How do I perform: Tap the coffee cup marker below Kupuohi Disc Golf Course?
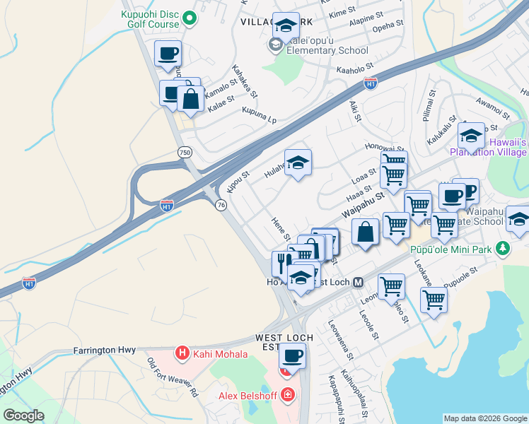pos(168,54)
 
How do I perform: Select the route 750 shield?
pos(184,152)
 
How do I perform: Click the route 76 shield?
pos(221,204)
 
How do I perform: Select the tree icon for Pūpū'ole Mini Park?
pos(503,248)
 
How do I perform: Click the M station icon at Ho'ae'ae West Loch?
pos(358,282)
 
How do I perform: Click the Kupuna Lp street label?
pos(259,115)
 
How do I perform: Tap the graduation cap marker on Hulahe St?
pos(298,163)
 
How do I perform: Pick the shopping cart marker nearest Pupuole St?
pos(434,300)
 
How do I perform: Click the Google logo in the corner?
pos(23,416)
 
